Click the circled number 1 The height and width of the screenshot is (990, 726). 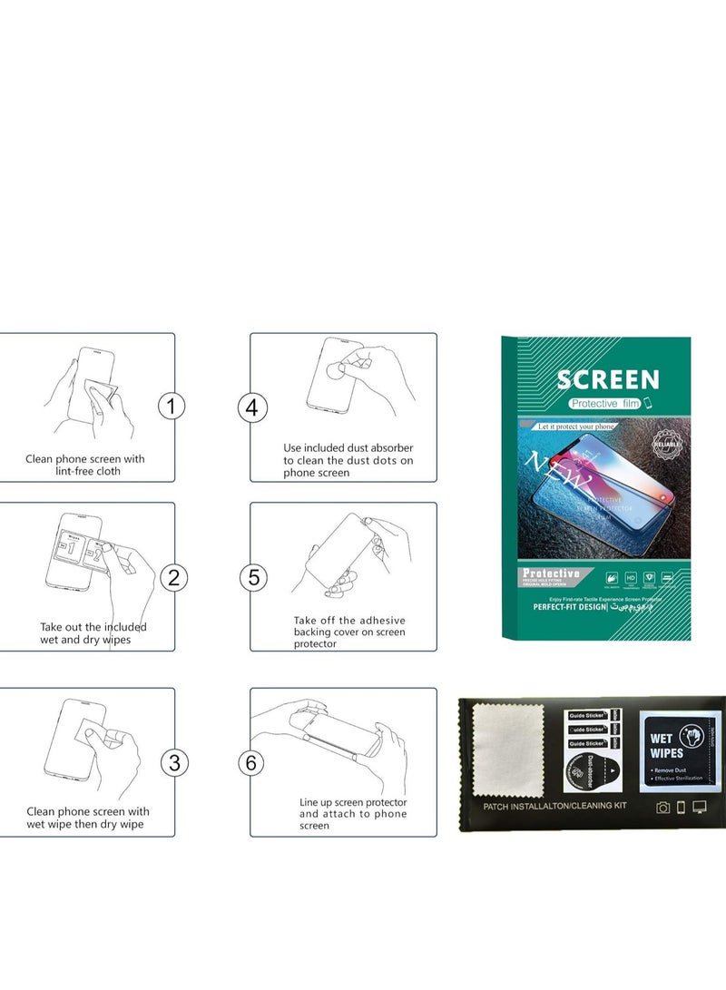(172, 407)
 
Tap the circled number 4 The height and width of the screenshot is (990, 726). (252, 407)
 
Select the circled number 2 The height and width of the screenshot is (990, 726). (172, 576)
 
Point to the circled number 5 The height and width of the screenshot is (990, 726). (253, 577)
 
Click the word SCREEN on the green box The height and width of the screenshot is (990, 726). (607, 379)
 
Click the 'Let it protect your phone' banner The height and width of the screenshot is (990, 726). (575, 426)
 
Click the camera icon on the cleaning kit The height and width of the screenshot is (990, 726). (663, 808)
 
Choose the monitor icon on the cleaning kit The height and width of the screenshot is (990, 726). (700, 808)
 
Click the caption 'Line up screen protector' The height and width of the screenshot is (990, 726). (353, 802)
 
